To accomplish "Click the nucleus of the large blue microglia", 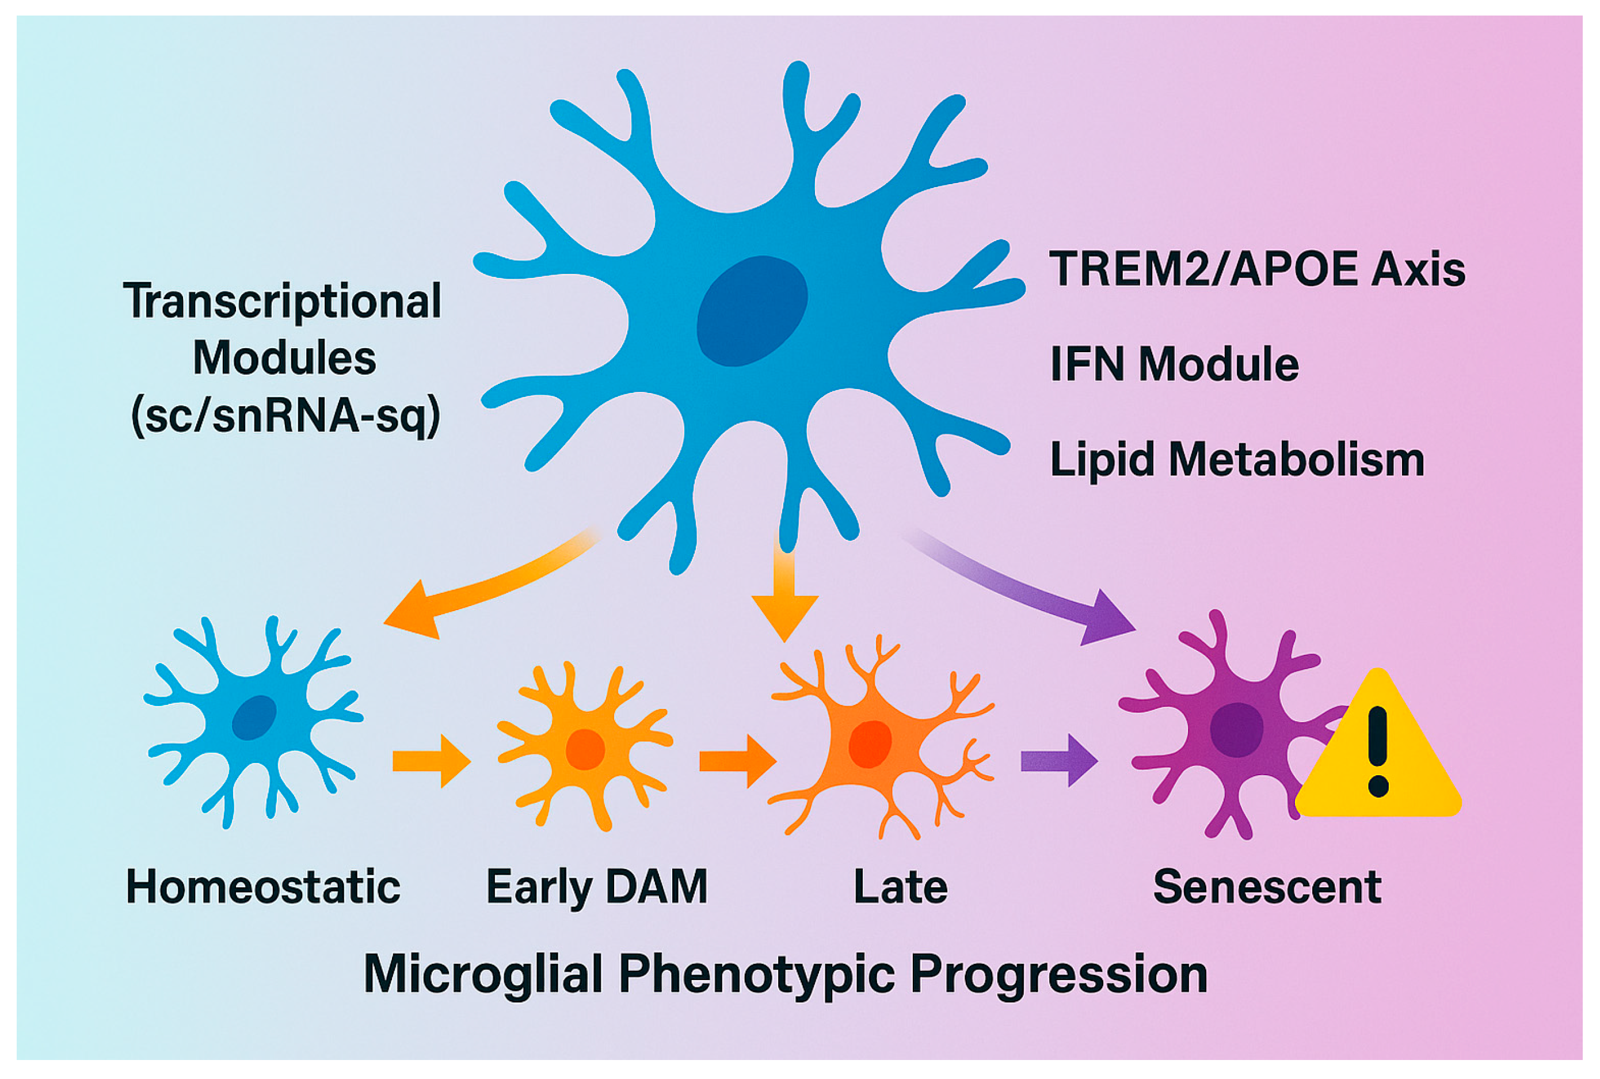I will pyautogui.click(x=752, y=311).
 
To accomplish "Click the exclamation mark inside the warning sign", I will pyautogui.click(x=1378, y=750).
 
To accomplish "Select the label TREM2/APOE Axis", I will pyautogui.click(x=1256, y=268).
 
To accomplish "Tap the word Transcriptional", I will pyautogui.click(x=282, y=302).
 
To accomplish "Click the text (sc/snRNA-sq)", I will pyautogui.click(x=285, y=415).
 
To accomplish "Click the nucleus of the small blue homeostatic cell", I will pyautogui.click(x=254, y=718).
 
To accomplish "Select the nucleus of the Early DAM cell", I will pyautogui.click(x=585, y=749).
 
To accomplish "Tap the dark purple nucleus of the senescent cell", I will pyautogui.click(x=1236, y=730).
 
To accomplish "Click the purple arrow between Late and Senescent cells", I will pyautogui.click(x=1058, y=760).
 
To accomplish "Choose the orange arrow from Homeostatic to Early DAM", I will pyautogui.click(x=432, y=760).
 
